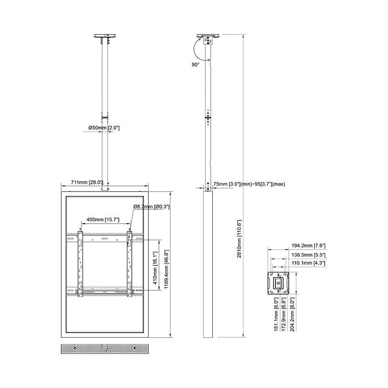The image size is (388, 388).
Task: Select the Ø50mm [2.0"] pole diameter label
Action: point(104,128)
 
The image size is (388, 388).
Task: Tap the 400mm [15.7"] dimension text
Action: point(103,219)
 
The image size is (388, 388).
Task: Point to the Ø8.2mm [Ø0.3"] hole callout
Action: point(151,206)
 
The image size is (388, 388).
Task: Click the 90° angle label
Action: point(195,63)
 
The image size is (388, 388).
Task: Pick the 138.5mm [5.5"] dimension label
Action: point(305,255)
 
